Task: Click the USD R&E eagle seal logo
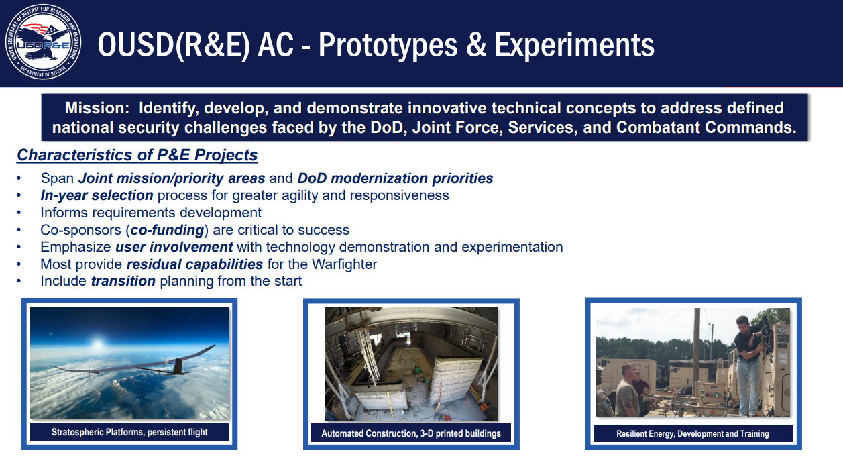[44, 42]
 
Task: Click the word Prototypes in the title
[388, 45]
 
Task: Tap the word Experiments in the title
[574, 45]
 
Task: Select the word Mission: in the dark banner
[97, 108]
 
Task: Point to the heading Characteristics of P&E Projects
[137, 155]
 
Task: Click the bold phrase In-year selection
[97, 195]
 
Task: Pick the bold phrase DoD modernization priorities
[395, 178]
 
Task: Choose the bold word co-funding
[167, 229]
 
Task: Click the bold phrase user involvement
[174, 247]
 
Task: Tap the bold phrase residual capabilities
[194, 264]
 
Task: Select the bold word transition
[123, 281]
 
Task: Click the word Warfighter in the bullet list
[344, 264]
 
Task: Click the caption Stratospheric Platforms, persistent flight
[129, 432]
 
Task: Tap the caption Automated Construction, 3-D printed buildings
[411, 433]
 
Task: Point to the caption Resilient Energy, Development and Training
[693, 433]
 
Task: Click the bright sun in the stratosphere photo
[98, 344]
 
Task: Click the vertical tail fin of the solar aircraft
[178, 366]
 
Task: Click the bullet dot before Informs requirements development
[18, 213]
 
